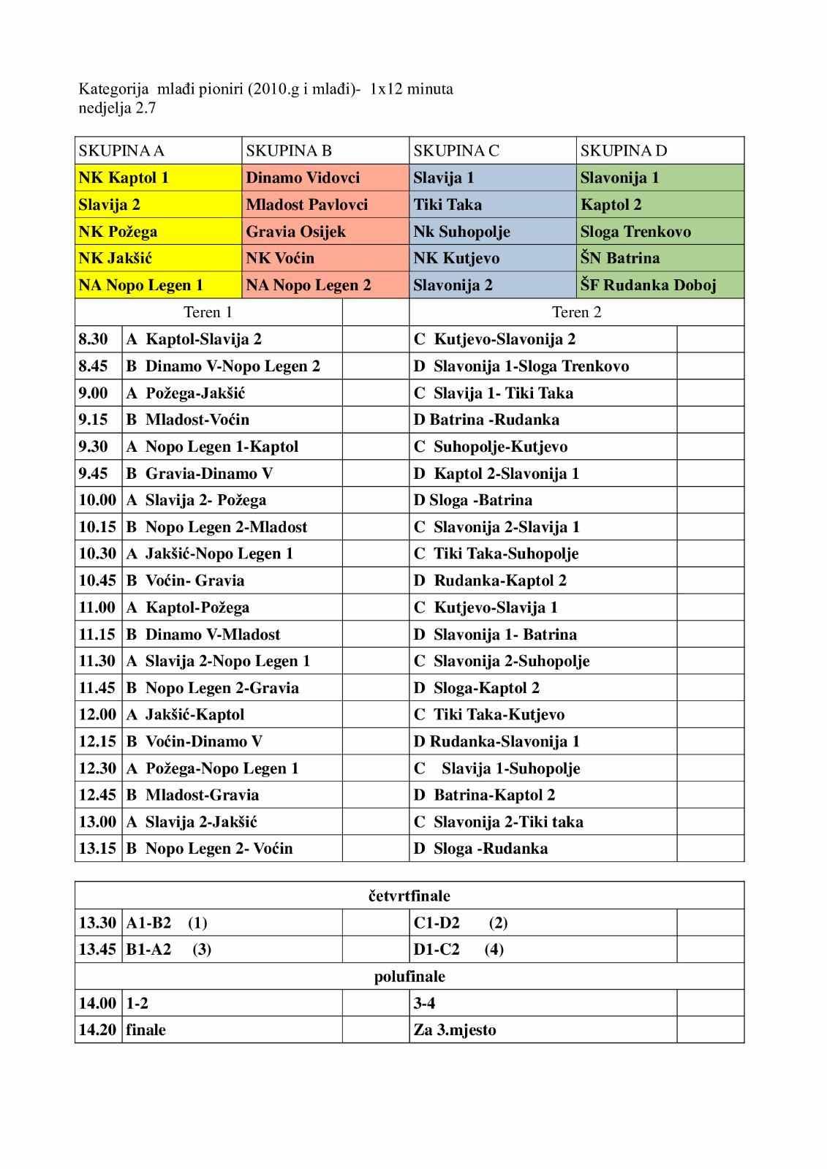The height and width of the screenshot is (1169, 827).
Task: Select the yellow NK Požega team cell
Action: point(118,232)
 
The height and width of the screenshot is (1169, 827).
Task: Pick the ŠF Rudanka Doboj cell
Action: point(648,285)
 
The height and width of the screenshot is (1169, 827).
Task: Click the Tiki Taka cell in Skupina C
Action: point(448,205)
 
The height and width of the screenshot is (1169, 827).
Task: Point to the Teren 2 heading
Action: point(576,312)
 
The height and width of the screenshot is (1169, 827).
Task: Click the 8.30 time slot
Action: point(94,339)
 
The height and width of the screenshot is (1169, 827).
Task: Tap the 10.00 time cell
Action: point(97,500)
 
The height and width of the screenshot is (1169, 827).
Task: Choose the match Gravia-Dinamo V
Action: point(208,473)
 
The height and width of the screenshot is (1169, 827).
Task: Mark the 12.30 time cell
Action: point(97,768)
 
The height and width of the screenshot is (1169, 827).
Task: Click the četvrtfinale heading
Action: point(409,896)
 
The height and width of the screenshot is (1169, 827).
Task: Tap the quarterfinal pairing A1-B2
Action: point(149,923)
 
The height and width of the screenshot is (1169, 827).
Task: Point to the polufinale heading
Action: point(409,976)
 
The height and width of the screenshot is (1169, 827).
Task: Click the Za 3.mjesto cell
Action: point(455,1030)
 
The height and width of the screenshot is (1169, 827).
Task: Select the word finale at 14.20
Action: point(146,1030)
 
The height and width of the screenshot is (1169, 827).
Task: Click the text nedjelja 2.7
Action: point(117,108)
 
